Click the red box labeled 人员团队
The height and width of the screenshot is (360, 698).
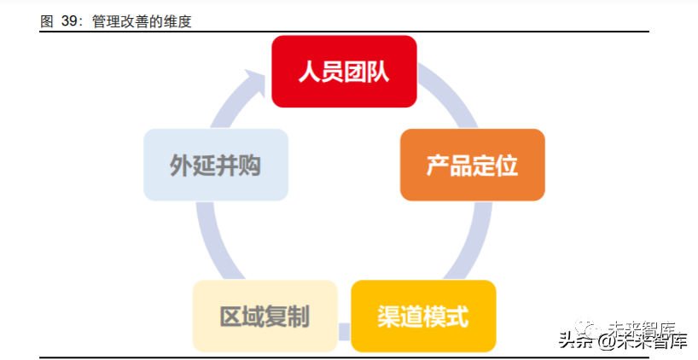[x=344, y=72]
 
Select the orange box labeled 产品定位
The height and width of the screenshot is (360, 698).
[x=472, y=165]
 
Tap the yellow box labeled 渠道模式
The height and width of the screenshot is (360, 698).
[x=423, y=316]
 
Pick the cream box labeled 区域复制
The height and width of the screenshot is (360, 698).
[x=265, y=316]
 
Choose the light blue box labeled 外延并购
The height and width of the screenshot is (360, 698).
[x=215, y=165]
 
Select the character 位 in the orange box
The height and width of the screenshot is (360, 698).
[x=507, y=165]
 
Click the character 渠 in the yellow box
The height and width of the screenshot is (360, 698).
[x=388, y=316]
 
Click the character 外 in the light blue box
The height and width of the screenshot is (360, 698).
[x=180, y=165]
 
